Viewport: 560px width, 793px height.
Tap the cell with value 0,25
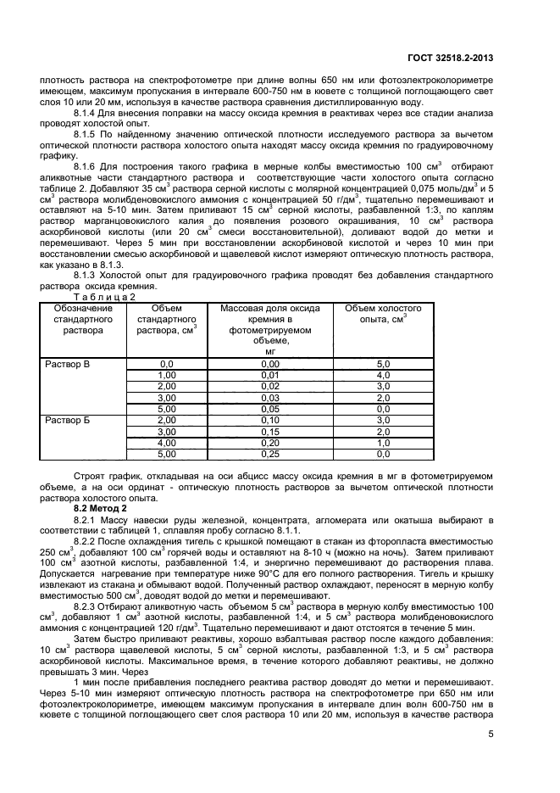coord(270,453)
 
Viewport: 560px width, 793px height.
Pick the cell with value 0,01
coord(270,375)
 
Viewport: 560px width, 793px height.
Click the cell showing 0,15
coord(270,431)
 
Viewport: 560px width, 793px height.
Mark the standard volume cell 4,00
coord(166,442)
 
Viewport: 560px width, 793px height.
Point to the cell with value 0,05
coord(270,408)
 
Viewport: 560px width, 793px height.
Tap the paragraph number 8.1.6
coord(87,165)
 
